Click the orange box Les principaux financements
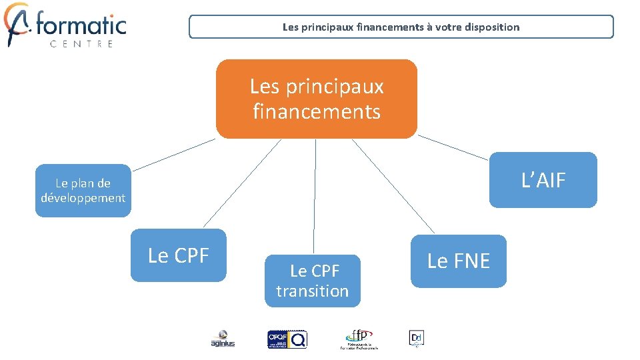[x=317, y=99]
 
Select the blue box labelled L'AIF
[x=543, y=180]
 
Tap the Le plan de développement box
[x=83, y=191]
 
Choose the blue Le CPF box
[x=179, y=255]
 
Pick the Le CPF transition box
[x=312, y=281]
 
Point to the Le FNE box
[x=459, y=261]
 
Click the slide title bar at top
[x=401, y=27]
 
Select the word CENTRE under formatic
[x=81, y=44]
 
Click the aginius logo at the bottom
[x=223, y=339]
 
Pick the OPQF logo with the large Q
[x=287, y=339]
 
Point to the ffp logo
[x=359, y=339]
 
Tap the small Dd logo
[x=416, y=338]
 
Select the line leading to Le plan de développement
[x=173, y=154]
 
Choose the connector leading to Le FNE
[x=393, y=187]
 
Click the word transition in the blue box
[x=312, y=291]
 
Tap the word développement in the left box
[x=83, y=198]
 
